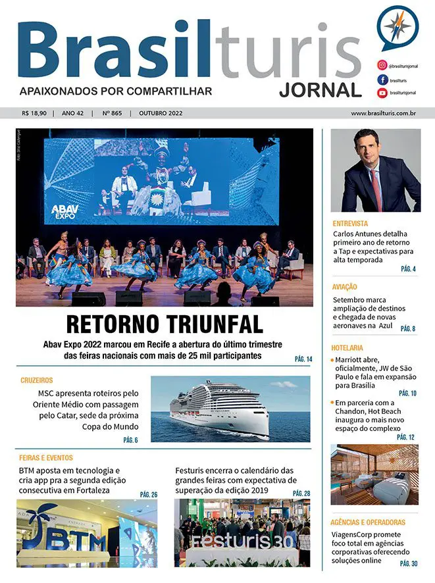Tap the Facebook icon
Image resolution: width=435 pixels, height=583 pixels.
click(381, 80)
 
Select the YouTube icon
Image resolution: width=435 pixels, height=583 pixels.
click(381, 93)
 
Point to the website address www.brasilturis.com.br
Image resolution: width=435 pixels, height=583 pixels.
click(382, 113)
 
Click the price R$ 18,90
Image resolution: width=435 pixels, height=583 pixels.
click(34, 113)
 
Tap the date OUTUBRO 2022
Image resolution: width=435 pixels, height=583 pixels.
click(160, 113)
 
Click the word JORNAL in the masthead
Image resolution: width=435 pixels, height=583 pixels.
click(320, 89)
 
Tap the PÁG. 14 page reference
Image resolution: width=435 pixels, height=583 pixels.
click(303, 359)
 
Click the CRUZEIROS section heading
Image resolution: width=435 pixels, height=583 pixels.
click(37, 380)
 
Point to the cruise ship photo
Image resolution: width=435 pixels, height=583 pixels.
click(230, 409)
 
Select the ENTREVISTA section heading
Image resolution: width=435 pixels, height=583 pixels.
click(350, 223)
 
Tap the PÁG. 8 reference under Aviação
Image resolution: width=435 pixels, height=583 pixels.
click(408, 328)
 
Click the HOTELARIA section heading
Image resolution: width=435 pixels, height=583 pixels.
click(349, 347)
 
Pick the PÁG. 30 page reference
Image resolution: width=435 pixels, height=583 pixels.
click(408, 564)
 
